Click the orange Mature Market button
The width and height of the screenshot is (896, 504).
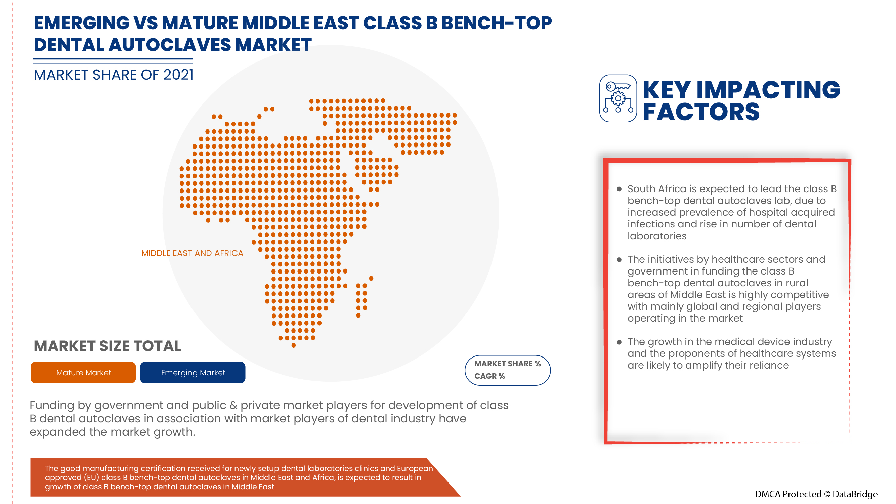pos(83,373)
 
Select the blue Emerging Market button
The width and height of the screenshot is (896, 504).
pos(193,373)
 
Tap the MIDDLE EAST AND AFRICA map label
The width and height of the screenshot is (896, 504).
pos(193,253)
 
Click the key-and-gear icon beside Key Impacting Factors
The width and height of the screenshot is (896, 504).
pos(618,98)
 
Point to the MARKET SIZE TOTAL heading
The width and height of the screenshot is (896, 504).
pos(108,346)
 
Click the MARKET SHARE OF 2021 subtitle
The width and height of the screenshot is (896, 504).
pos(114,75)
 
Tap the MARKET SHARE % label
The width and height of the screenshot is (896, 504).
pos(508,364)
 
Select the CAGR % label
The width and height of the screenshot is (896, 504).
pos(489,376)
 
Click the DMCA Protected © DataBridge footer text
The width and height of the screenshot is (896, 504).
pos(816,494)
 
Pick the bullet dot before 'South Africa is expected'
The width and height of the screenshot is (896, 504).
pos(619,189)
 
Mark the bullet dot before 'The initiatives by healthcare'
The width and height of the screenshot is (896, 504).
pos(619,260)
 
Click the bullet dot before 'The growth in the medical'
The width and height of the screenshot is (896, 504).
pos(619,342)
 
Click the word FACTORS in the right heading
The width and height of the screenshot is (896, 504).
pos(701,112)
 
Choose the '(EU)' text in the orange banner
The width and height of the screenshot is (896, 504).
pos(91,477)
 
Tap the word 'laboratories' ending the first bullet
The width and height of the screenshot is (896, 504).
pos(657,236)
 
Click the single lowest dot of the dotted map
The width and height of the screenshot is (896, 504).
pos(294,345)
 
